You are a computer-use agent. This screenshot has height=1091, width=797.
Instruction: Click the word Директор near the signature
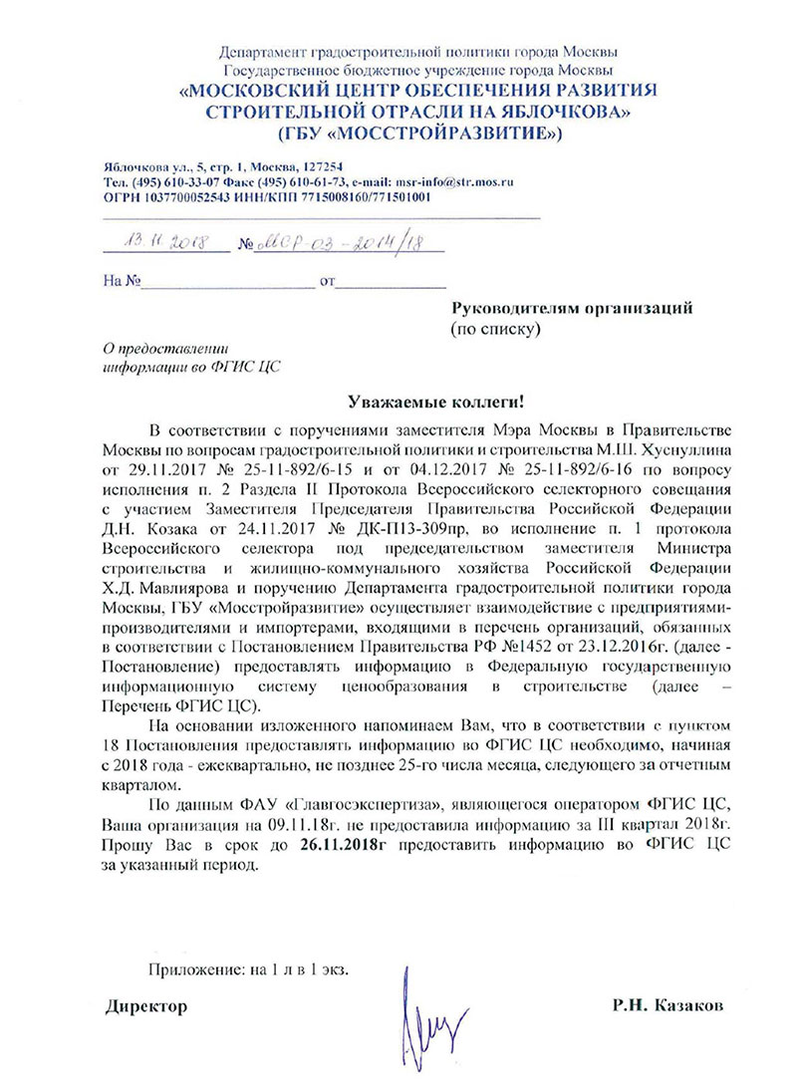(x=147, y=1007)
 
